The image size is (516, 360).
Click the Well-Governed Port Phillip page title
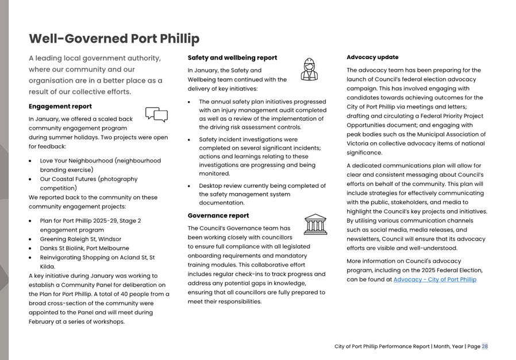coord(114,39)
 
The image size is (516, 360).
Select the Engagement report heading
coord(60,106)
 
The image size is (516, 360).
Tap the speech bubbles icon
coord(156,114)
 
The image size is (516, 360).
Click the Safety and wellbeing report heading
coord(232,58)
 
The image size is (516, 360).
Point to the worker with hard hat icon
coord(309,69)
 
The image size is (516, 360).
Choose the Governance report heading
coord(218,216)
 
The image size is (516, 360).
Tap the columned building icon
coord(315,224)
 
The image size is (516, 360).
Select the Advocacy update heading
coord(372,57)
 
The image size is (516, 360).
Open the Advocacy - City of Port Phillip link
coord(434,280)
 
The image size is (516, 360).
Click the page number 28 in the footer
coord(484,346)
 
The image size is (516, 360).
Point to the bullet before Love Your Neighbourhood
coord(31,161)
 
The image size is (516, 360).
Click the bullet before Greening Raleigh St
coord(31,239)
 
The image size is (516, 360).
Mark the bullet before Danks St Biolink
coord(31,249)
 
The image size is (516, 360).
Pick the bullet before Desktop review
coord(190,186)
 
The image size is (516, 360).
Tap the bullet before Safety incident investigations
coord(190,140)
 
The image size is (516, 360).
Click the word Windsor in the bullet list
coord(110,239)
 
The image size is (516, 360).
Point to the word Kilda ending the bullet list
coord(47,266)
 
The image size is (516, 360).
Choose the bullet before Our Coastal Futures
coord(31,180)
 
